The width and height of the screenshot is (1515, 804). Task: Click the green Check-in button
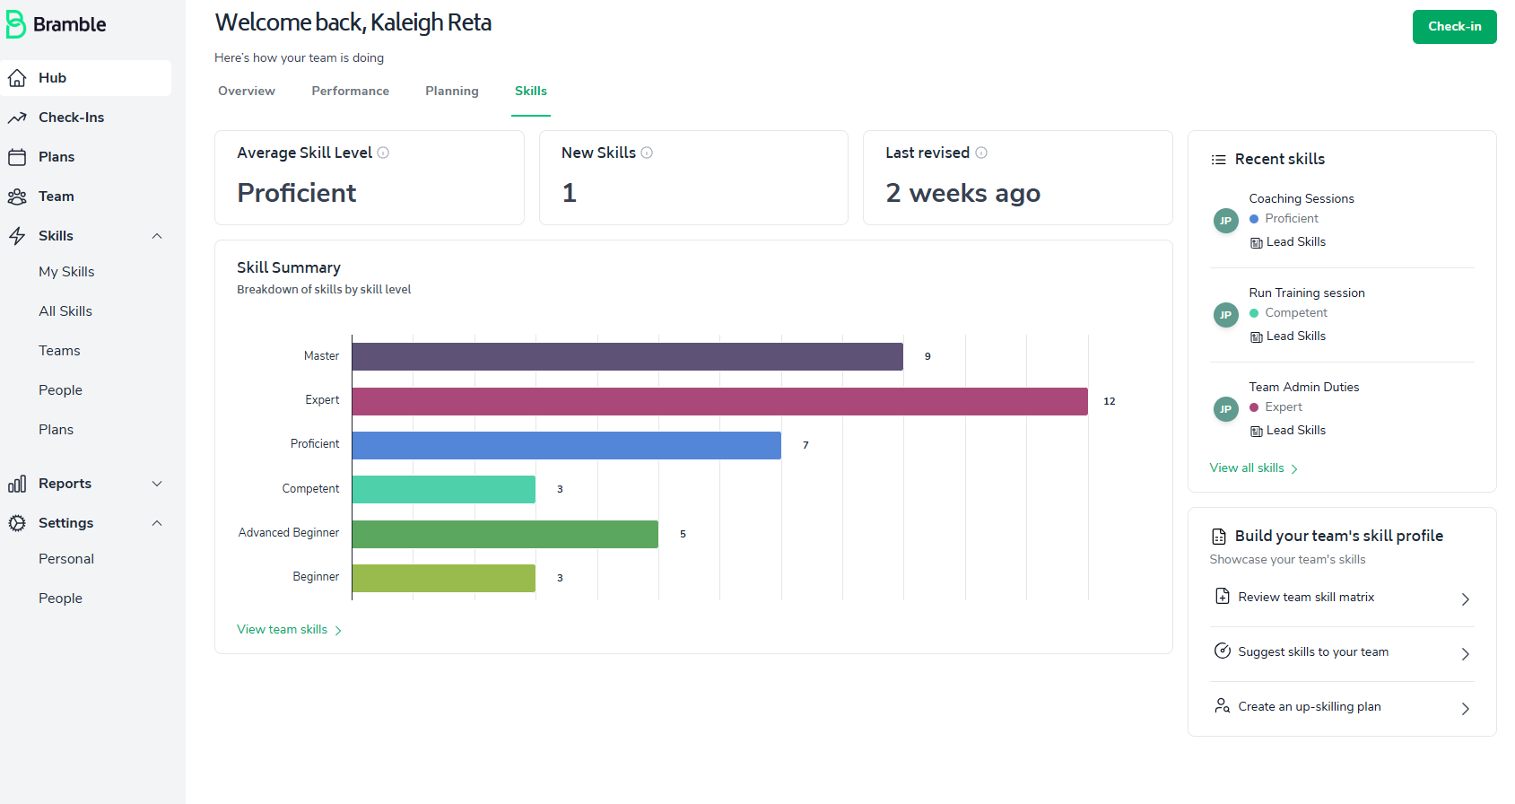pos(1454,27)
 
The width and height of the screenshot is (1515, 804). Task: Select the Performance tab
pos(350,91)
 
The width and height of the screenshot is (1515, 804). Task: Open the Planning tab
pos(451,91)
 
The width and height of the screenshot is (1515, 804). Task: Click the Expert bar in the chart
pos(719,401)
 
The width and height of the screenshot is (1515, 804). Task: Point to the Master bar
pos(627,356)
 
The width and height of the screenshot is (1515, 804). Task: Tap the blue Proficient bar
pos(566,445)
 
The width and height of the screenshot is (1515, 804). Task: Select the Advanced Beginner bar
pos(505,534)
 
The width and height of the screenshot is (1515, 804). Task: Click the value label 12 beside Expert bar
pos(1110,401)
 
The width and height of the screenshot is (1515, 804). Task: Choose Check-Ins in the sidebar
pos(71,118)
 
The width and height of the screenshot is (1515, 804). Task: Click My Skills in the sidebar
pos(66,272)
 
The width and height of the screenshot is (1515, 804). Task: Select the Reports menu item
pos(65,484)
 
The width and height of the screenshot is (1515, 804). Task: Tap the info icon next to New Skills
pos(647,153)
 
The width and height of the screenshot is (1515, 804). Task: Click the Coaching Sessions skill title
pos(1301,198)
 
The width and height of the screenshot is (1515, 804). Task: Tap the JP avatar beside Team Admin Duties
pos(1225,409)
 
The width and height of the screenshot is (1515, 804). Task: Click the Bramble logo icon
pos(15,24)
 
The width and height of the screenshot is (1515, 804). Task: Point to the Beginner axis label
pos(316,577)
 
